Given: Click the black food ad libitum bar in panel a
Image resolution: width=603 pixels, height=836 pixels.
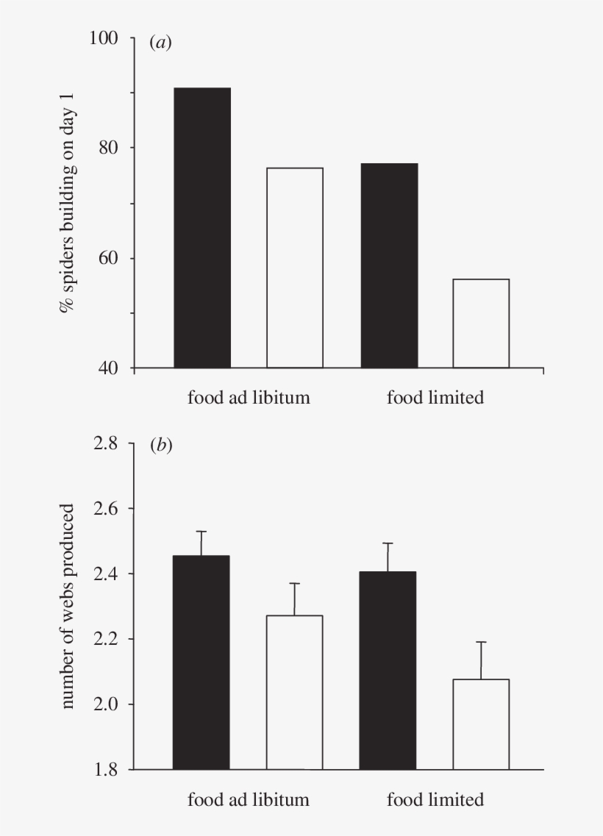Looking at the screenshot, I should [x=202, y=228].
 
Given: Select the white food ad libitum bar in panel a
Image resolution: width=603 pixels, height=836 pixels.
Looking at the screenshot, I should [x=295, y=268].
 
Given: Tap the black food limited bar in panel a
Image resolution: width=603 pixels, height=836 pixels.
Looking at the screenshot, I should [x=389, y=265].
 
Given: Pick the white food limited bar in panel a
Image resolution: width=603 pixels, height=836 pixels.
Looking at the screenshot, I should [x=481, y=324].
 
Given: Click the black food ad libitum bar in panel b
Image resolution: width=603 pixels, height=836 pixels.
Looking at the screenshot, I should [x=201, y=662].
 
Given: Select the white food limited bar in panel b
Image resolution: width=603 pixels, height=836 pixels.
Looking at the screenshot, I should [x=481, y=724].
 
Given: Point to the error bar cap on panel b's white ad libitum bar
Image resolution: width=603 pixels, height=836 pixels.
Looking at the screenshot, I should [x=295, y=584].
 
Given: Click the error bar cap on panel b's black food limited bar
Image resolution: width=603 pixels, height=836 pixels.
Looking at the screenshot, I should [x=388, y=543].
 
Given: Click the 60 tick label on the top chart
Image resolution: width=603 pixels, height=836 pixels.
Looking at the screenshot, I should [x=110, y=258].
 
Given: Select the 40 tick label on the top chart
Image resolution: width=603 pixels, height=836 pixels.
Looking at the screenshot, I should [x=110, y=368].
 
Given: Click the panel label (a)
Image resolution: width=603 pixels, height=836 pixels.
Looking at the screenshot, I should [x=160, y=43].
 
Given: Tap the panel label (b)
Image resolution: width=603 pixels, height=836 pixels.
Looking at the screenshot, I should [x=160, y=446].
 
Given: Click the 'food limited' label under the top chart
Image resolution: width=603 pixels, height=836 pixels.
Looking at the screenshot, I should [x=435, y=399].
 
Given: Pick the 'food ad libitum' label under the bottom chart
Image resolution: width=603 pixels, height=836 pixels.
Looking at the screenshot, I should [x=249, y=799].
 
